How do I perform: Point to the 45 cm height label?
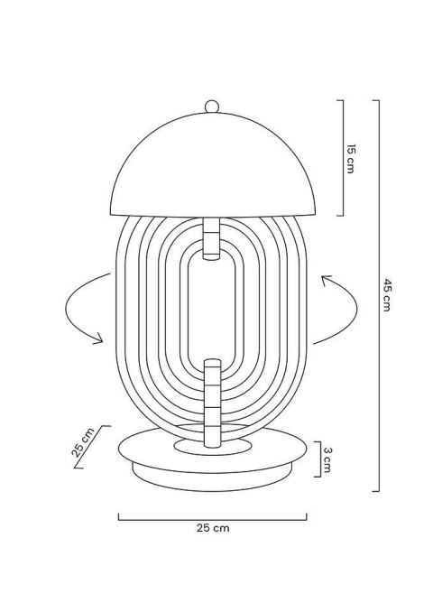coord(386,293)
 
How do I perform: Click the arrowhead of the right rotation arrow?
coord(322,283)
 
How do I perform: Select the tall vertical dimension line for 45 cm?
coord(375,293)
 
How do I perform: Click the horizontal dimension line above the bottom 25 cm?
coord(211,517)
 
